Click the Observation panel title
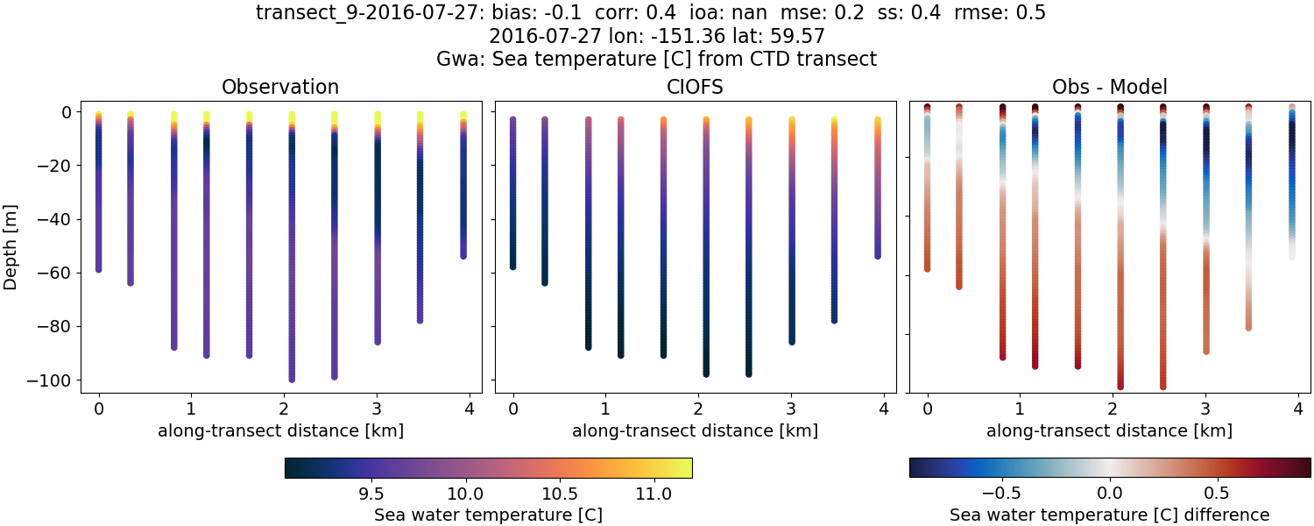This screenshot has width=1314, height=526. pos(280,87)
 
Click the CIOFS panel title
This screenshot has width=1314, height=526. pos(695,87)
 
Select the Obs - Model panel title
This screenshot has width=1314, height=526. pos(1109,87)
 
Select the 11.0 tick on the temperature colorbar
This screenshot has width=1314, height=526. pos(653,494)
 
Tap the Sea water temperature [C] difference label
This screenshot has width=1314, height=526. pos(1109,515)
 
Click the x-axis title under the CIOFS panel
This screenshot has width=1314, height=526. pos(695,430)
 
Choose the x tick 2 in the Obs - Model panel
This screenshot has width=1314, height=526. pos(1113,409)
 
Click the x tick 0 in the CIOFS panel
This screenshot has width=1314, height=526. pos(513,409)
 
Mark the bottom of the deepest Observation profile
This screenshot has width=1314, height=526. pos(292,379)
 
